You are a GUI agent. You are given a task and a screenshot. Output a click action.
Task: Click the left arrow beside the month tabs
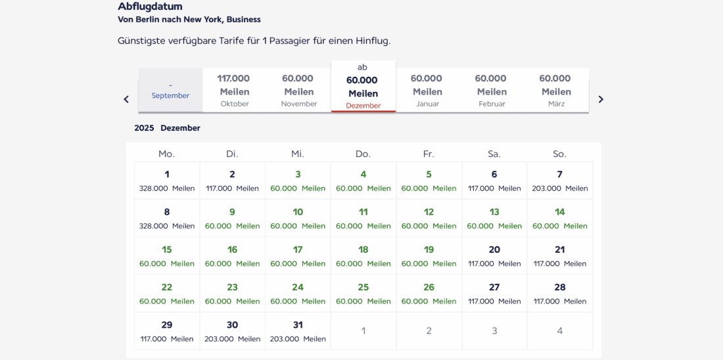tap(126, 99)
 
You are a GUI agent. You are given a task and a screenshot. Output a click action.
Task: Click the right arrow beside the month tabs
tap(600, 99)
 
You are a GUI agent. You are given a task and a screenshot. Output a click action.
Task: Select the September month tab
tap(170, 91)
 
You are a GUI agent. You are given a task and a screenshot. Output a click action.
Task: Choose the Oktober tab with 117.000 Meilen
tap(235, 91)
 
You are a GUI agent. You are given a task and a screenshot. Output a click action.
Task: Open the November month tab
tap(298, 91)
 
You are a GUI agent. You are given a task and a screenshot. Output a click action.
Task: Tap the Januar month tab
tap(427, 91)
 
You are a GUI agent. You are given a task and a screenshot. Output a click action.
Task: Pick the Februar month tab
tap(492, 91)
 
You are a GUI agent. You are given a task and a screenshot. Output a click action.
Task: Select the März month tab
tap(556, 91)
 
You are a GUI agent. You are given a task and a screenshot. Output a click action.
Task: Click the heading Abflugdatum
tap(150, 7)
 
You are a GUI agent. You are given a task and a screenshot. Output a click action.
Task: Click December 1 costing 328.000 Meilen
tap(167, 181)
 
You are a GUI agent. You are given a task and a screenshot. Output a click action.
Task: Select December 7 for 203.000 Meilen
tap(560, 181)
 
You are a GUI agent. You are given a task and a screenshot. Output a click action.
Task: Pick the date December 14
tap(560, 218)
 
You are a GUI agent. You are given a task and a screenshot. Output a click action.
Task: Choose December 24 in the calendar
tap(298, 294)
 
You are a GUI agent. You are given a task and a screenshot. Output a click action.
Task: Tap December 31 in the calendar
tap(298, 331)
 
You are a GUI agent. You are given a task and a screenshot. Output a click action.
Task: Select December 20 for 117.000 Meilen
tap(494, 256)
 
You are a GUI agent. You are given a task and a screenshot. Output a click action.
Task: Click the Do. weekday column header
tap(363, 154)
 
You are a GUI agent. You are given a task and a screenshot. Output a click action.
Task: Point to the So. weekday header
tap(559, 154)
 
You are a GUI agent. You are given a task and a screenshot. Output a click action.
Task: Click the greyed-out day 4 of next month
tap(560, 330)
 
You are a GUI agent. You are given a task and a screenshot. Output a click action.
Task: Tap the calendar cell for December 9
tap(232, 218)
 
